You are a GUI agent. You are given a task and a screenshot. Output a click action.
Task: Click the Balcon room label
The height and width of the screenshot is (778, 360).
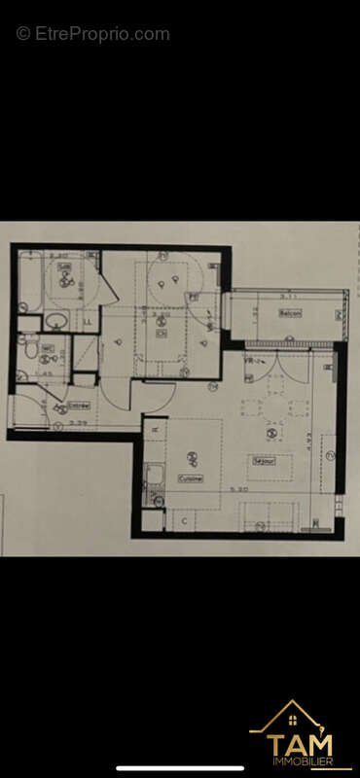(290, 313)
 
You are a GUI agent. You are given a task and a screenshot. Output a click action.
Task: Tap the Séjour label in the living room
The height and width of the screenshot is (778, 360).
(261, 461)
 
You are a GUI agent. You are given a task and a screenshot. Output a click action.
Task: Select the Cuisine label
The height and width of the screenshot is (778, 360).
(191, 478)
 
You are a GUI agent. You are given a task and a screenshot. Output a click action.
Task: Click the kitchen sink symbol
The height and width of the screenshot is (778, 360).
(153, 476)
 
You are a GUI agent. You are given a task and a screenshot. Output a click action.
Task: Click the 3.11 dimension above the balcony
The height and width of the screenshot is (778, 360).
(287, 294)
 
